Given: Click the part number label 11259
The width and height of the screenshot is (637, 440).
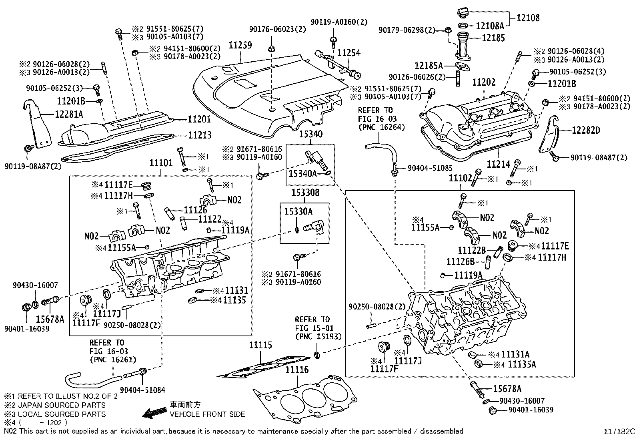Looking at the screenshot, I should (240, 45).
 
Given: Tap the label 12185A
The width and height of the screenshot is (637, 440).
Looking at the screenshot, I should (429, 65).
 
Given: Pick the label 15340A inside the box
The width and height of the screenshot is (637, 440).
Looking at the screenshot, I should (303, 173).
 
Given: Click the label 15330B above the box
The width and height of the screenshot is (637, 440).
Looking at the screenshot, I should (305, 193).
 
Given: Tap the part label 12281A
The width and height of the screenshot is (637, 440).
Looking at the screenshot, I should (69, 115).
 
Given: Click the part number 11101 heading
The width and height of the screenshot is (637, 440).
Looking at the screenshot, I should (161, 163).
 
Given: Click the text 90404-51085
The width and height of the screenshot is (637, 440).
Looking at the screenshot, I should (430, 169).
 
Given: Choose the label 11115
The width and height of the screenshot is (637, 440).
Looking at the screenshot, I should (260, 345).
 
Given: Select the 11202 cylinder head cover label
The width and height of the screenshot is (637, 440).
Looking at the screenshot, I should (484, 82).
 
